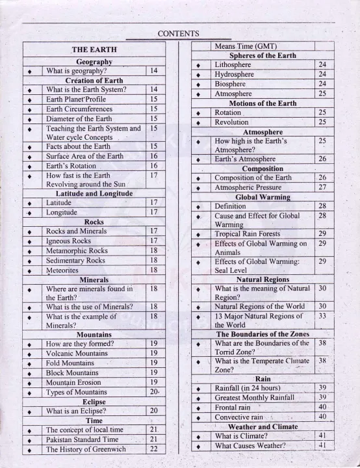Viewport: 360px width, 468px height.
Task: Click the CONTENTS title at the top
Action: pos(178,34)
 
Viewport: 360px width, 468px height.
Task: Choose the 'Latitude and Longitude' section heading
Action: pos(94,194)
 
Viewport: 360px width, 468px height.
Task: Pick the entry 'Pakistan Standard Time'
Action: pos(86,439)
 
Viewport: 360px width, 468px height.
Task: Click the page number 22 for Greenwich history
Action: pos(153,450)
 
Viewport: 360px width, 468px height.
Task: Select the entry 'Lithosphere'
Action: pos(233,65)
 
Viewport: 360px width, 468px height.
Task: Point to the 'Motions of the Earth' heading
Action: pos(263,103)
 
